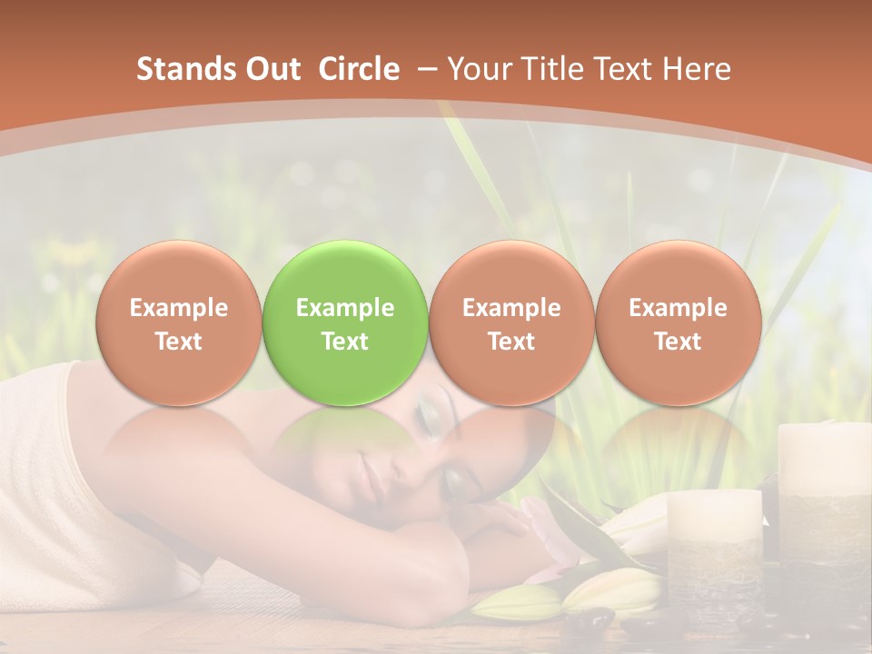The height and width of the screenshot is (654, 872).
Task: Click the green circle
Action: [x=344, y=322]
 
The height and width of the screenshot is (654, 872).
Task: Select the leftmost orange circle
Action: [x=178, y=322]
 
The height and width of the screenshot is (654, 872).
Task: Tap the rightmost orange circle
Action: [x=678, y=322]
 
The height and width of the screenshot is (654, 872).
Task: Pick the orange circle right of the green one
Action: [x=511, y=322]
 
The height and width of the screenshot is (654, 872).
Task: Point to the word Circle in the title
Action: [x=359, y=69]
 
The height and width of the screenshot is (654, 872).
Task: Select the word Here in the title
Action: [x=697, y=69]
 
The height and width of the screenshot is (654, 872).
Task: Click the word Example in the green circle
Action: [x=344, y=308]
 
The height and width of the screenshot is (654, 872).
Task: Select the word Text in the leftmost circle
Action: [x=178, y=342]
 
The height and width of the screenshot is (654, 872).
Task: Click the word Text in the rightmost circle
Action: [x=678, y=342]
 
